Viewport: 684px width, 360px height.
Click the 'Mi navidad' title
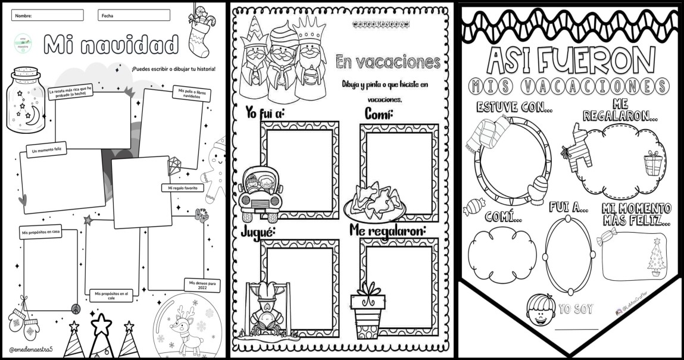(x=111, y=43)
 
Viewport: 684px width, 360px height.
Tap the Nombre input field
(x=47, y=15)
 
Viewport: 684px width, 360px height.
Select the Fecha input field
(x=134, y=15)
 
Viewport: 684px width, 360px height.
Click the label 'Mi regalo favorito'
(x=182, y=188)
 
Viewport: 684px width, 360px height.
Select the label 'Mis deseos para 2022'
(x=201, y=284)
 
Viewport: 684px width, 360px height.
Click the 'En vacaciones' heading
(x=388, y=61)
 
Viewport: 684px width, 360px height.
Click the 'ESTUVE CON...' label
(x=515, y=107)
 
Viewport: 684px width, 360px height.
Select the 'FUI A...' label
(x=570, y=208)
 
